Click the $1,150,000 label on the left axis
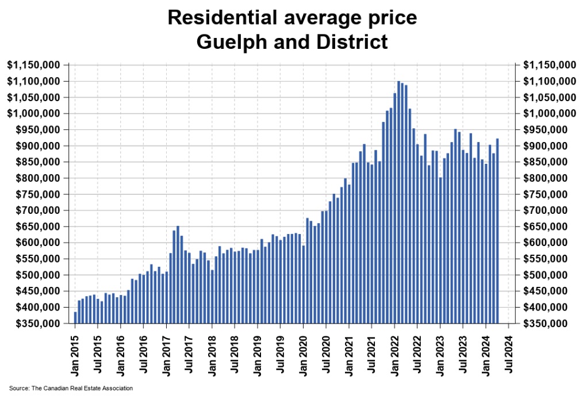point(34,65)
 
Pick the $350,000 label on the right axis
point(545,324)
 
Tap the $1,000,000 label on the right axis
point(549,113)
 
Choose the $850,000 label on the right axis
point(545,162)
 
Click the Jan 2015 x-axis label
point(75,352)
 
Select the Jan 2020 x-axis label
point(303,352)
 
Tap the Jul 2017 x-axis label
point(189,352)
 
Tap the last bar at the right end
point(497,230)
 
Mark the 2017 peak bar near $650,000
point(178,275)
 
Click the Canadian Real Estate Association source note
point(71,389)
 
